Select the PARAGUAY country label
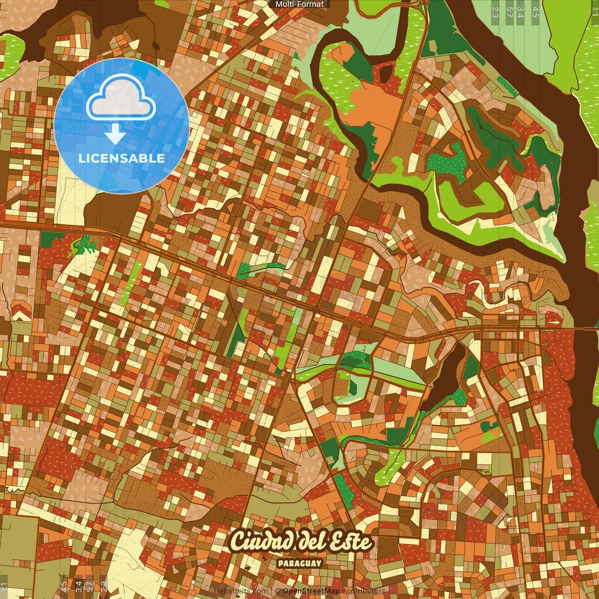(x=299, y=563)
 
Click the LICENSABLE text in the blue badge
(x=121, y=158)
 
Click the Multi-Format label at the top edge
(x=299, y=4)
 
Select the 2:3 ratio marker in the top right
(x=495, y=12)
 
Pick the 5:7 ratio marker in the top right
(x=509, y=12)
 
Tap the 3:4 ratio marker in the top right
(x=520, y=12)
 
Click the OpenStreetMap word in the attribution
(x=311, y=591)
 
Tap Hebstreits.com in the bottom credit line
(x=241, y=591)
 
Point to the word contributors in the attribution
(x=364, y=591)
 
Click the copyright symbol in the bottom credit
(x=277, y=591)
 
